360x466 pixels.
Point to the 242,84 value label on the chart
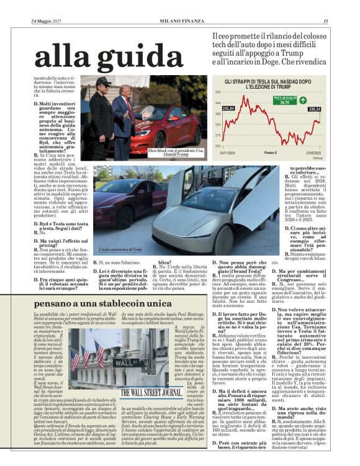pyautogui.click(x=228, y=109)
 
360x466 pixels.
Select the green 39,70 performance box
pyautogui.click(x=282, y=102)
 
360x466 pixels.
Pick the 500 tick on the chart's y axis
pyautogui.click(x=218, y=92)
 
